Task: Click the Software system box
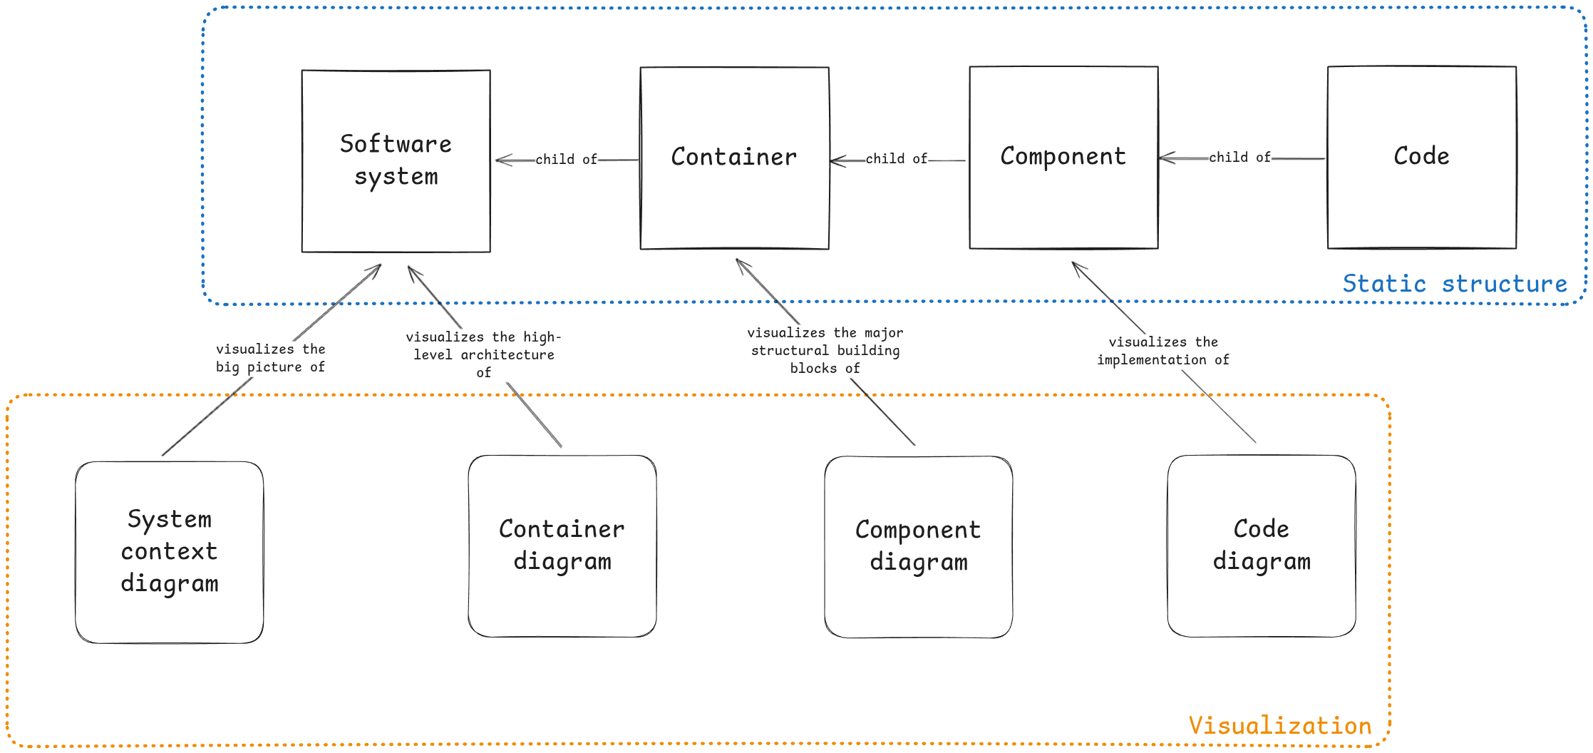pos(396,160)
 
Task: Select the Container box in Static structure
pos(734,158)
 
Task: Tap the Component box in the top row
pos(1063,157)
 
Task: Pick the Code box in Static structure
pos(1421,157)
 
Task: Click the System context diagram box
pos(170,551)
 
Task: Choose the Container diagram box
pos(562,545)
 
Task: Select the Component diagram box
pos(918,546)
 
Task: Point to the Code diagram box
pos(1261,545)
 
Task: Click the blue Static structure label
pos(1455,284)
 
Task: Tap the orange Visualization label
pos(1280,726)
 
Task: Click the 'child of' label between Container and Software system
pos(567,159)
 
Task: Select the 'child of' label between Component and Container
pos(897,158)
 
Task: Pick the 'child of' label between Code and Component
pos(1240,157)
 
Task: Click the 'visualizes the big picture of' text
pos(271,358)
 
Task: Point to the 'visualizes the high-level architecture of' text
pos(483,354)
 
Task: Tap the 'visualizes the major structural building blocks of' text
pos(825,350)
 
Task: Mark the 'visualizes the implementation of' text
pos(1163,351)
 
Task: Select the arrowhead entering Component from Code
pos(1165,158)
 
